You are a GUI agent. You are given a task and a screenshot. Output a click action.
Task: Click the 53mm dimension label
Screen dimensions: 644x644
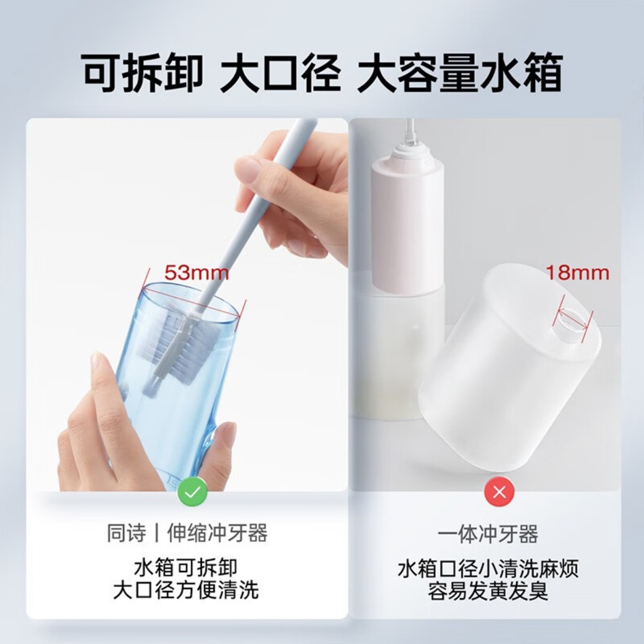[x=197, y=272]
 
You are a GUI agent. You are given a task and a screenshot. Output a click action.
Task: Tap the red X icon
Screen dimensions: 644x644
[x=499, y=492]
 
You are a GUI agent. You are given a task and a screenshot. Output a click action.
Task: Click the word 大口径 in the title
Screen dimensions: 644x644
[x=280, y=74]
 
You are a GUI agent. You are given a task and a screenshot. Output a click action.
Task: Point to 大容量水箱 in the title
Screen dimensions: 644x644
[x=459, y=74]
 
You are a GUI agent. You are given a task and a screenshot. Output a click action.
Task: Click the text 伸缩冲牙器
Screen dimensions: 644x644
[x=217, y=534]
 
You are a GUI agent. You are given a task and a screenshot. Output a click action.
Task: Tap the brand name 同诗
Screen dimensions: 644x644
[x=127, y=534]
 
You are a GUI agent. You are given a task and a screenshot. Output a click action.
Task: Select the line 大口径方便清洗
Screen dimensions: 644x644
[x=186, y=590]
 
